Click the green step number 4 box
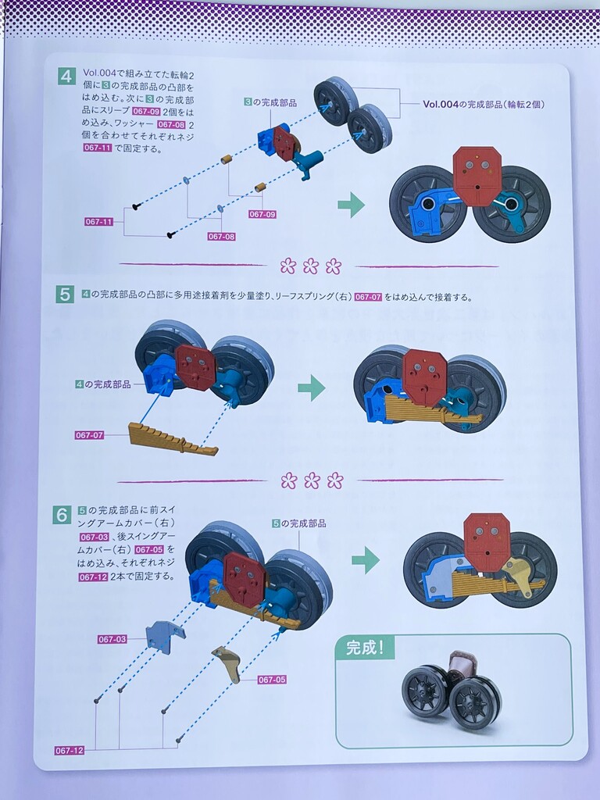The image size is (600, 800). [x=67, y=77]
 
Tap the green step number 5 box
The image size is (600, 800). [x=64, y=295]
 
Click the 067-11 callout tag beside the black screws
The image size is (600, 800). [x=99, y=221]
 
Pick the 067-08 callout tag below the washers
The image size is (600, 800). [x=221, y=236]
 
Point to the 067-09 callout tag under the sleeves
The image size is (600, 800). [x=262, y=214]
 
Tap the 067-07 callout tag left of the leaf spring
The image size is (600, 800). [x=89, y=435]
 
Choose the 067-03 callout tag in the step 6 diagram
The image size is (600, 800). [x=112, y=639]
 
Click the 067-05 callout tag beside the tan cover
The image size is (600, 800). [x=272, y=680]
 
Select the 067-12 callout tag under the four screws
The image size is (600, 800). [x=70, y=751]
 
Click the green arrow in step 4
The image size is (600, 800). [x=352, y=205]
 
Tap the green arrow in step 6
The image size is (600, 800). [x=366, y=560]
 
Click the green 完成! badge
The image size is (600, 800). [x=364, y=648]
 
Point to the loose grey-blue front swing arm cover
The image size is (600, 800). [x=166, y=636]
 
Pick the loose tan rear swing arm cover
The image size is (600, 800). [x=227, y=662]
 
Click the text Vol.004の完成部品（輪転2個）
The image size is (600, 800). [x=484, y=104]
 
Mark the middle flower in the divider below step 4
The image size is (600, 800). [x=311, y=266]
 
